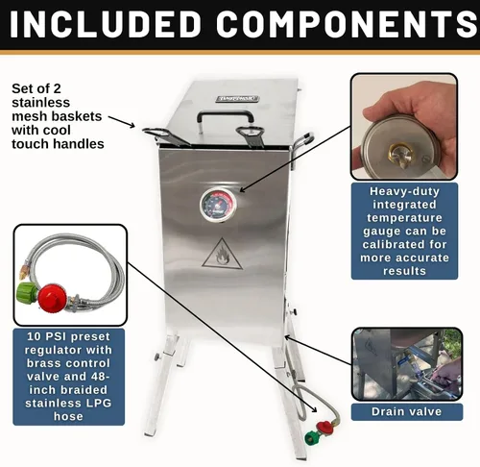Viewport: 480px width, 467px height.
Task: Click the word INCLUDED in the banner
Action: (106, 24)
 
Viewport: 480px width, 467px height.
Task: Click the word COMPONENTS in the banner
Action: (348, 24)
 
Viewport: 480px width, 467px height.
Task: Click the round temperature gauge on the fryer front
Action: (218, 205)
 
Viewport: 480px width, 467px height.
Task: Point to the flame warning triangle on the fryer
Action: (222, 254)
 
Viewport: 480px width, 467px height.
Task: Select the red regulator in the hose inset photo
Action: (53, 298)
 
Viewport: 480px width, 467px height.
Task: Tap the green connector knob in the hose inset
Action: (27, 294)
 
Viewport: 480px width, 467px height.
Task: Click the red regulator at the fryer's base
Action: (324, 427)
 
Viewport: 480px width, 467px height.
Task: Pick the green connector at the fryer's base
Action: (312, 438)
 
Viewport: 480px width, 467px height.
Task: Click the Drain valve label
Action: (406, 411)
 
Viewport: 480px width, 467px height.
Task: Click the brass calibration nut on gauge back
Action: (401, 153)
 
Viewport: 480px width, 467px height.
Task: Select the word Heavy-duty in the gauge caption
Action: (404, 191)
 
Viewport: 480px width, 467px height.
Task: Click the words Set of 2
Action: (36, 88)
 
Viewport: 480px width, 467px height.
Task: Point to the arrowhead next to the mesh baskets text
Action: (132, 125)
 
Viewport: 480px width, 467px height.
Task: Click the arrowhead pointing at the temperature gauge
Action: (242, 189)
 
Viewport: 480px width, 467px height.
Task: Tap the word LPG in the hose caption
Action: (96, 403)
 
